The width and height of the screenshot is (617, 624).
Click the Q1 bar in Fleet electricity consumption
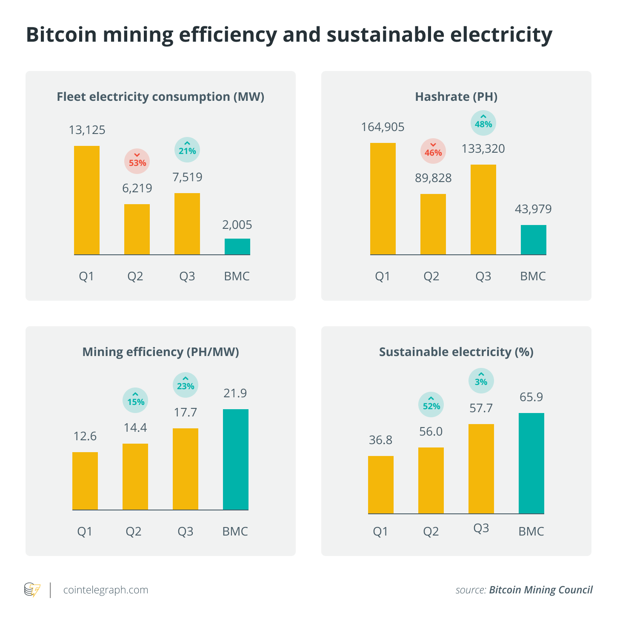tap(87, 200)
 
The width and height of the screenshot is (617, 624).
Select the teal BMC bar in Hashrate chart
tap(533, 239)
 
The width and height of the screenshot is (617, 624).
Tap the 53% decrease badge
tap(137, 161)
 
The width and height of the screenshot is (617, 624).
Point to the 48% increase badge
tap(483, 123)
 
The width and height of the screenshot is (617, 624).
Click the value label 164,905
tap(383, 127)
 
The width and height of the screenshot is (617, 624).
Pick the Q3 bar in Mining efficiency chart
tap(186, 469)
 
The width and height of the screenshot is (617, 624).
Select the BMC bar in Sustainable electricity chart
tap(531, 463)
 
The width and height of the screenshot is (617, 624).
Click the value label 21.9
tap(235, 393)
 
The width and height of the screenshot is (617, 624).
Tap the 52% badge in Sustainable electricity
tap(431, 405)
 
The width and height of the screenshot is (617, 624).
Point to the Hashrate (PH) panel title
tap(456, 97)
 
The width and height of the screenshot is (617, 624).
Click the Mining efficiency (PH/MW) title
tap(160, 352)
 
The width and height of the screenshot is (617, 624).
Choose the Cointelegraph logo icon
tap(32, 590)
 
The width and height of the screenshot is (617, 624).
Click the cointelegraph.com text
tap(106, 590)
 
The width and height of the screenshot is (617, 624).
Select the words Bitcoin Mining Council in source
tap(540, 590)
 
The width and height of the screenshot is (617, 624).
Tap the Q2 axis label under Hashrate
tap(431, 276)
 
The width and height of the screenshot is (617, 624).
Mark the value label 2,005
tap(237, 225)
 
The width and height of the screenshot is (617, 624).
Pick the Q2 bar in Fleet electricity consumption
tap(137, 229)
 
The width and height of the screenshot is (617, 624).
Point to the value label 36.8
tap(381, 440)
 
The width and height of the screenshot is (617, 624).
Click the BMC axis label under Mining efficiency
tap(235, 531)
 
